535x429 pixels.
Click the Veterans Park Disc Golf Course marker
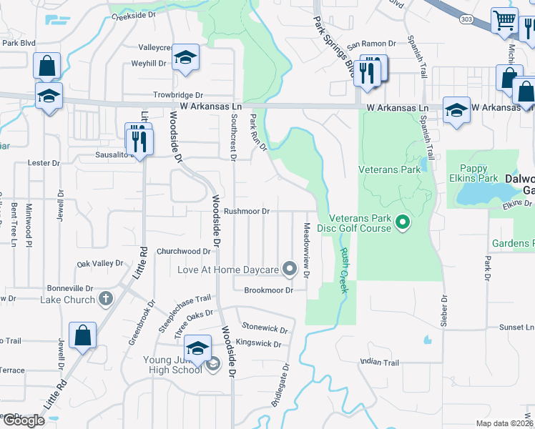point(402,223)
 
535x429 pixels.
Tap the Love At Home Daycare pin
point(290,270)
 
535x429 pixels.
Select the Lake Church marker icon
point(106,299)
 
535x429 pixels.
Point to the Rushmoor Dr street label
point(246,212)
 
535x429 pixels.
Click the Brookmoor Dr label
point(269,290)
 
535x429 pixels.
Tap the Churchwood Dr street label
point(184,252)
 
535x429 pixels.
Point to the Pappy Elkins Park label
point(473,178)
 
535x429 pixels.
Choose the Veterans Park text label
point(390,170)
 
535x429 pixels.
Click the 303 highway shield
point(466,19)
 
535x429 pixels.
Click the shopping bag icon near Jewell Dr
point(82,335)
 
